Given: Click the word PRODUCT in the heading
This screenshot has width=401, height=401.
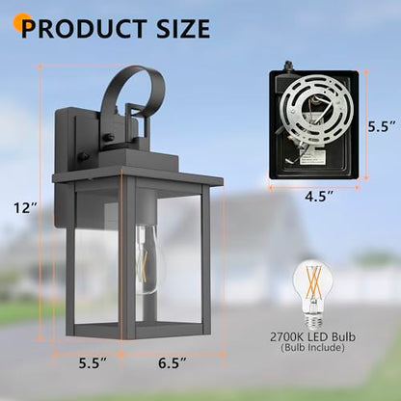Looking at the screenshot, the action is (x=84, y=29).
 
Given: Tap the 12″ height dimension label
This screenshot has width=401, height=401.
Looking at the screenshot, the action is (x=25, y=208).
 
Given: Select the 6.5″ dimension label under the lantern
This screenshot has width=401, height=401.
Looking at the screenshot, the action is (x=173, y=363).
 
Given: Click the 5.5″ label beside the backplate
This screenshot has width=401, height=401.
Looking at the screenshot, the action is (x=382, y=127).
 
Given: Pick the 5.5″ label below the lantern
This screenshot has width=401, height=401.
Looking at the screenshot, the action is (x=94, y=363).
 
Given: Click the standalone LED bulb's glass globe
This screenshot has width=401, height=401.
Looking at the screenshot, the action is (x=312, y=281).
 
